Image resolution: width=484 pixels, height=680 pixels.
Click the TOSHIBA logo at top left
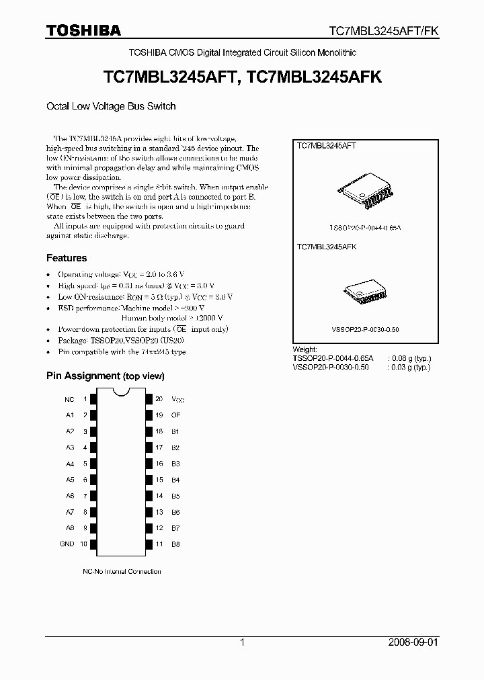click(83, 30)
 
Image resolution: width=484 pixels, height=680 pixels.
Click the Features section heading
click(66, 258)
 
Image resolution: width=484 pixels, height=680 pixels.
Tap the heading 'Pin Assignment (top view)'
click(105, 376)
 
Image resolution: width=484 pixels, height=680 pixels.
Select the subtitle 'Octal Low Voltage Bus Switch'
click(111, 106)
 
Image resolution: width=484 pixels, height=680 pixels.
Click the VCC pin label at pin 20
click(177, 399)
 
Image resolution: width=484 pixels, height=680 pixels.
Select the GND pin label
click(67, 544)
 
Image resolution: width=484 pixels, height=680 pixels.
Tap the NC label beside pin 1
click(69, 399)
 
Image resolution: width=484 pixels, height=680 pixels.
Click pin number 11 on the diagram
click(159, 544)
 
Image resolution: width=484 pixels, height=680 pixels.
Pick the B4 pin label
click(175, 480)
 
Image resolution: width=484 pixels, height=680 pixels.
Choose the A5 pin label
click(70, 480)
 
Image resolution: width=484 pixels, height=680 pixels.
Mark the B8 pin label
click(175, 544)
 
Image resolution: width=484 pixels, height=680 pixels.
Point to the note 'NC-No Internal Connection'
click(122, 572)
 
